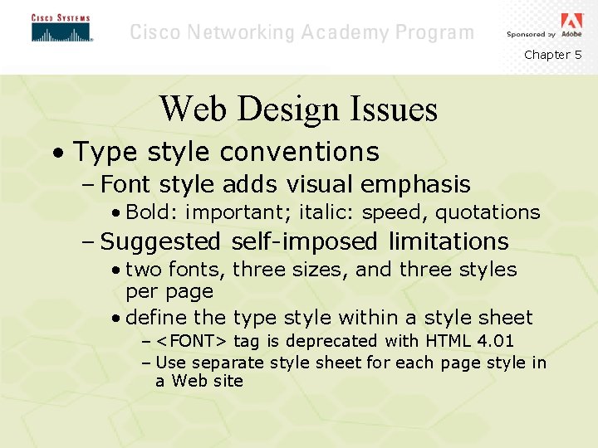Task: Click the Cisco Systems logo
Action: coord(61,28)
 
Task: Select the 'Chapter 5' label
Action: coord(552,55)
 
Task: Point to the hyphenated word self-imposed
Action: coord(306,242)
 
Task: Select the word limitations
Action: coord(448,242)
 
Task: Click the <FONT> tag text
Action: coord(193,341)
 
